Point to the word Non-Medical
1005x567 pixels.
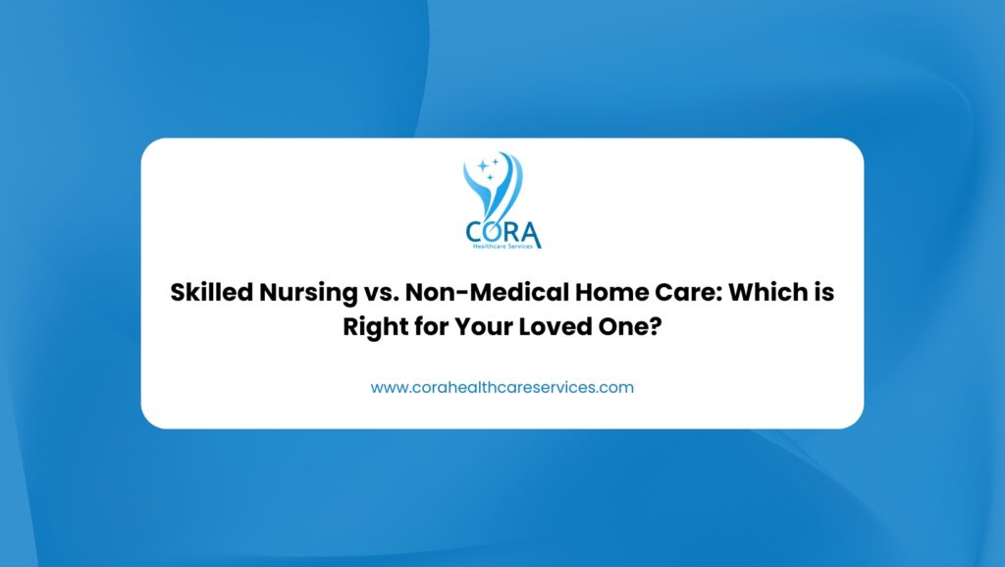487,293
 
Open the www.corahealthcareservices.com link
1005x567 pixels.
502,387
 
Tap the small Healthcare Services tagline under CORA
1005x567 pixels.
502,247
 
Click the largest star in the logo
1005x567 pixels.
483,166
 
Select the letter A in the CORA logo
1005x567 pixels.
531,234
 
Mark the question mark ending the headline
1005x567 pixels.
655,327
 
